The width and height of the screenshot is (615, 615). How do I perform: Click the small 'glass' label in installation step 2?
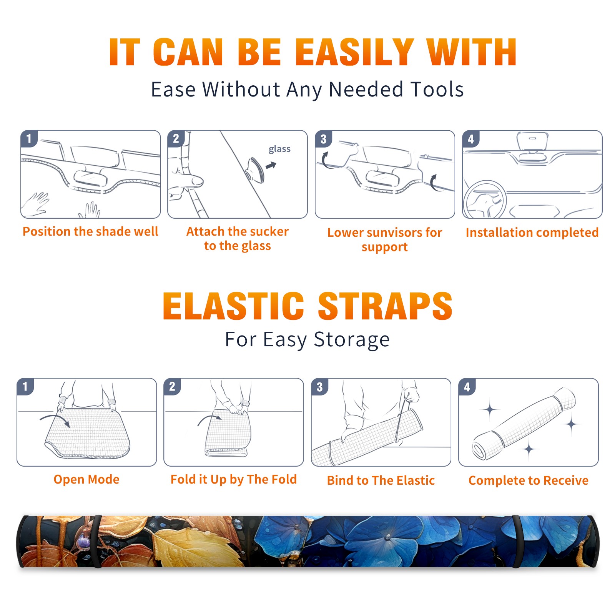point(279,149)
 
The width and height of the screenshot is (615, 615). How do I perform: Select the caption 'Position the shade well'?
point(90,231)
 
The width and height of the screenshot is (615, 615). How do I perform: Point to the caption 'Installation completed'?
point(532,233)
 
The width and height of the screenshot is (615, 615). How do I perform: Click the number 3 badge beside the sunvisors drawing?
point(323,139)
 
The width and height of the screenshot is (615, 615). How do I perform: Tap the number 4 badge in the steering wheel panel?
point(471,139)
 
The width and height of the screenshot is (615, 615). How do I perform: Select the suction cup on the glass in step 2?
point(254,169)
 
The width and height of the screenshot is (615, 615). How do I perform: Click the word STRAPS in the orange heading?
point(385,306)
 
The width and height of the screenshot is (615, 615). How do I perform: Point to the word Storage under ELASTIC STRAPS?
point(352,340)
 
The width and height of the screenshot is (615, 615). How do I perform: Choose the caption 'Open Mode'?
point(86,479)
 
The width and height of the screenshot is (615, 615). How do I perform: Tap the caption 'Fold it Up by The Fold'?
point(234,480)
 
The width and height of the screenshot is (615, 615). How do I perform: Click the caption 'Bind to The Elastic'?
point(381,480)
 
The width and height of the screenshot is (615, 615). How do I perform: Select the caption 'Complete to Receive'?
point(529,480)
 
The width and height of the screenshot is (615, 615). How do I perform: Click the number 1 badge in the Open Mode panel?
point(25,386)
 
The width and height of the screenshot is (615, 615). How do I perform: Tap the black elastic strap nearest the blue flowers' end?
point(517,541)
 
